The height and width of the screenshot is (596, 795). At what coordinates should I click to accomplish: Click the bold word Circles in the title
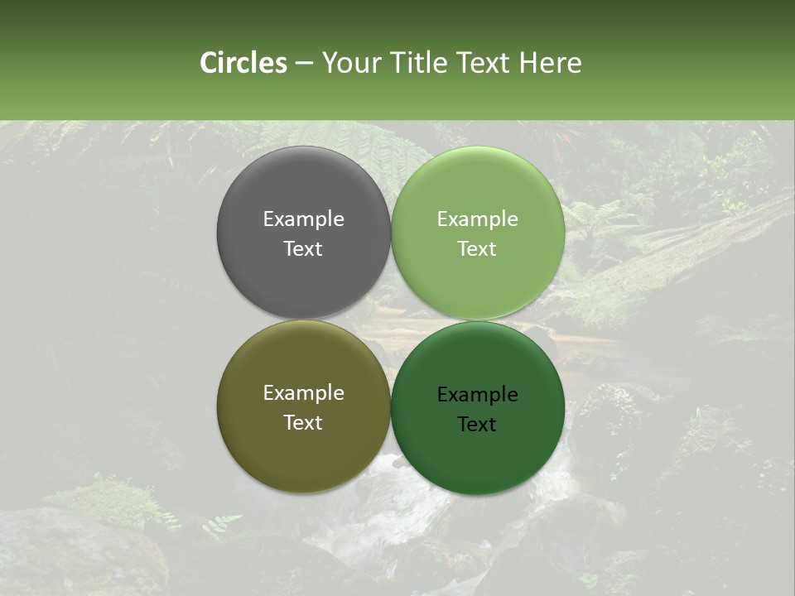[x=243, y=63]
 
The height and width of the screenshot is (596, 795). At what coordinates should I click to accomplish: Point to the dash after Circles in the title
[x=304, y=64]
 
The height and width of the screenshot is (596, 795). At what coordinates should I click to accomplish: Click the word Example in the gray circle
[x=303, y=219]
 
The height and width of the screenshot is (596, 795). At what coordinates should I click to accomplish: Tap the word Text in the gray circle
[x=303, y=249]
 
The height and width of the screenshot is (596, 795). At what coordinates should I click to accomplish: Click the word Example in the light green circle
[x=477, y=219]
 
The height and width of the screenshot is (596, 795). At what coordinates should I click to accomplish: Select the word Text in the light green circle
[x=477, y=249]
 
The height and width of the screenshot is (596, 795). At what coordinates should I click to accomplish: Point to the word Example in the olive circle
[x=303, y=393]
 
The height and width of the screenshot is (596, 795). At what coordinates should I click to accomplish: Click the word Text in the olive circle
[x=303, y=423]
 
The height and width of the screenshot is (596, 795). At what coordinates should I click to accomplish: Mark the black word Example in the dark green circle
[x=477, y=395]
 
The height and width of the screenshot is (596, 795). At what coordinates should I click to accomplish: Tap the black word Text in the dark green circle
[x=477, y=425]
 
